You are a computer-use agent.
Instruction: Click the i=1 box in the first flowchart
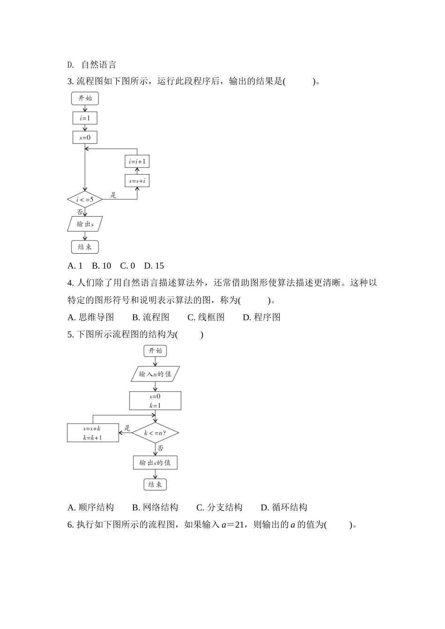pyautogui.click(x=85, y=118)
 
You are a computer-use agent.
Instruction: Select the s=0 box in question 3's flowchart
pyautogui.click(x=85, y=138)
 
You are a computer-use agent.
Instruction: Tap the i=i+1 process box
pyautogui.click(x=137, y=162)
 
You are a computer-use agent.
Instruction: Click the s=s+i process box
pyautogui.click(x=137, y=181)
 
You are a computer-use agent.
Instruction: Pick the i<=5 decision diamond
pyautogui.click(x=85, y=200)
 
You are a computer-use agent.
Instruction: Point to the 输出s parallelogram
pyautogui.click(x=85, y=224)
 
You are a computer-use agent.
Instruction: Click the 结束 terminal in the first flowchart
pyautogui.click(x=85, y=247)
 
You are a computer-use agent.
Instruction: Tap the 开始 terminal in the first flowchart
pyautogui.click(x=85, y=98)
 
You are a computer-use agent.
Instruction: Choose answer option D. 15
pyautogui.click(x=154, y=266)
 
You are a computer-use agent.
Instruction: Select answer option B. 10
pyautogui.click(x=102, y=266)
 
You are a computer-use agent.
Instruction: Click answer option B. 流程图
pyautogui.click(x=151, y=317)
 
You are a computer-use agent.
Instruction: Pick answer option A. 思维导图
pyautogui.click(x=91, y=317)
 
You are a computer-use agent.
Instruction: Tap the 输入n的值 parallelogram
pyautogui.click(x=155, y=374)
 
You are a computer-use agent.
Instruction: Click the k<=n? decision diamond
pyautogui.click(x=155, y=433)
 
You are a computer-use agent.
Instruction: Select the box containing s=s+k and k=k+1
pyautogui.click(x=93, y=433)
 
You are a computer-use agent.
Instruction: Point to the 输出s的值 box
pyautogui.click(x=155, y=462)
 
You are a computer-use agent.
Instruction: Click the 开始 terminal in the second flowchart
pyautogui.click(x=155, y=351)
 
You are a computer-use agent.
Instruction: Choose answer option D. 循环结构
pyautogui.click(x=284, y=507)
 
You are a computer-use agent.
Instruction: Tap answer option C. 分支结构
pyautogui.click(x=219, y=507)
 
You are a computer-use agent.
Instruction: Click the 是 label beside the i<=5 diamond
pyautogui.click(x=113, y=195)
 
